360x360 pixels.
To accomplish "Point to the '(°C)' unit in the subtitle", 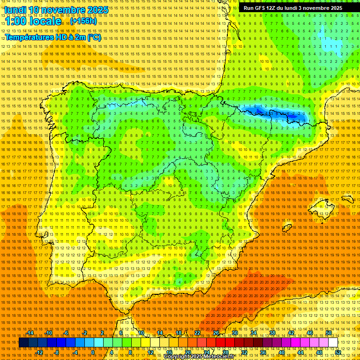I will pyautogui.click(x=94, y=37).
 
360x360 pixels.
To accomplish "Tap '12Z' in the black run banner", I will pyautogui.click(x=275, y=8).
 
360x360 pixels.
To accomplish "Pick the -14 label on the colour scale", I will pyautogui.click(x=30, y=333).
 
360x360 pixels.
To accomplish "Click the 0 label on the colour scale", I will pyautogui.click(x=93, y=352).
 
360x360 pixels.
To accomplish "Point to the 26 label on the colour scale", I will pyautogui.click(x=216, y=333).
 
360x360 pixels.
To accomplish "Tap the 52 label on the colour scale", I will pyautogui.click(x=338, y=352).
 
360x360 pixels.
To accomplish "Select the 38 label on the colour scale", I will pyautogui.click(x=272, y=333).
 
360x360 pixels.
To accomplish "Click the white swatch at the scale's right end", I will pyautogui.click(x=333, y=343).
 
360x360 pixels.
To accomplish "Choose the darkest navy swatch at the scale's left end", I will pyautogui.click(x=23, y=343).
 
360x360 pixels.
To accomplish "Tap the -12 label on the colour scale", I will pyautogui.click(x=39, y=352).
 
